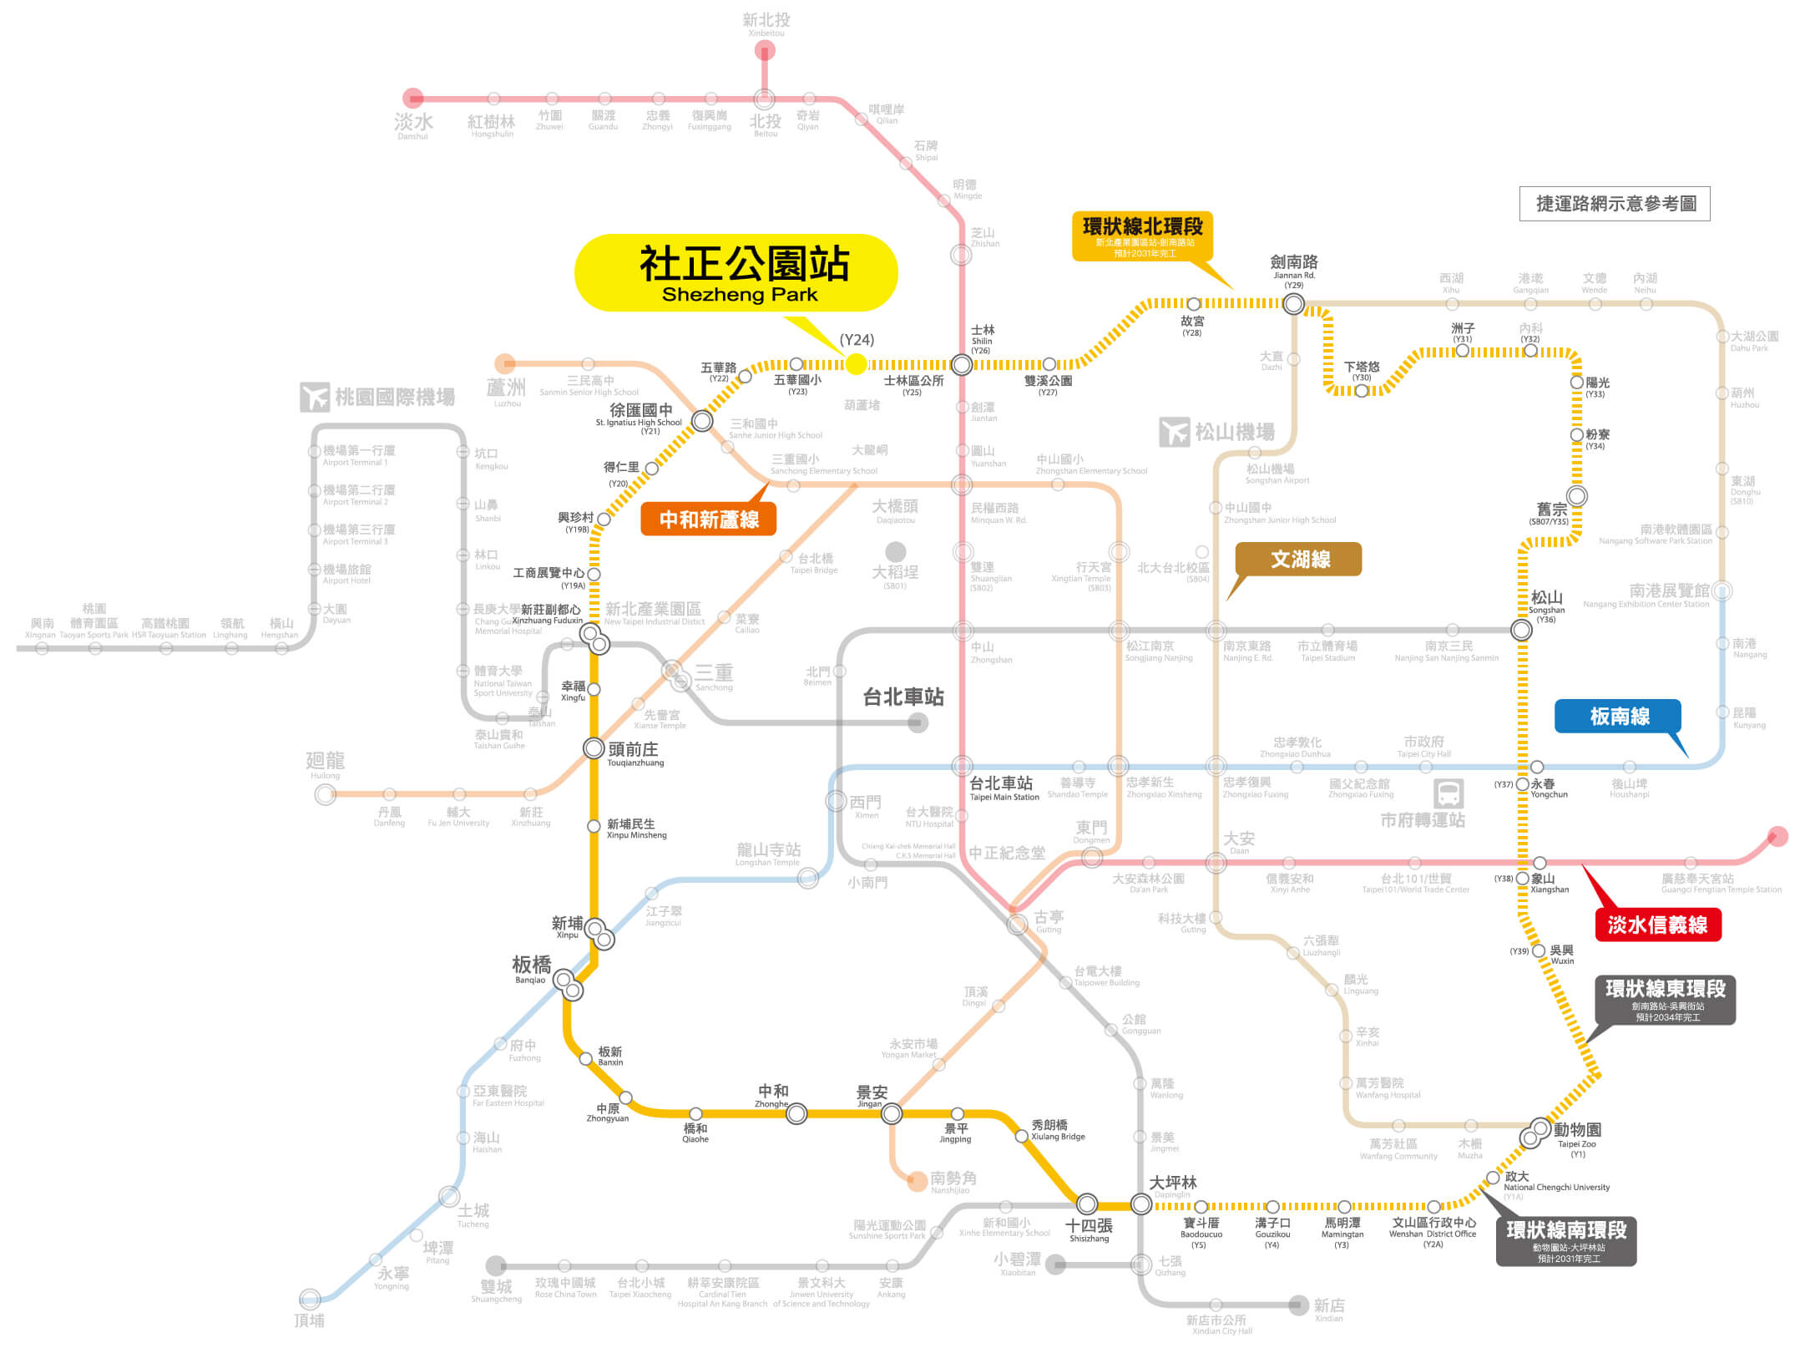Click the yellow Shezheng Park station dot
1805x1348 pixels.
pyautogui.click(x=856, y=364)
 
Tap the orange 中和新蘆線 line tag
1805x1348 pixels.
pyautogui.click(x=709, y=519)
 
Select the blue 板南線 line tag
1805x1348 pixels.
pyautogui.click(x=1619, y=716)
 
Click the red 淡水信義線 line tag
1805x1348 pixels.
pyautogui.click(x=1657, y=925)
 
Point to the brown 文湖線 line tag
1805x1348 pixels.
pyautogui.click(x=1299, y=559)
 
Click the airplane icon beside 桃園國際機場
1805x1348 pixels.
pyautogui.click(x=315, y=397)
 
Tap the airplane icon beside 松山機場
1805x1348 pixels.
pyautogui.click(x=1174, y=432)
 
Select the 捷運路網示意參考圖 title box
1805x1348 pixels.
pyautogui.click(x=1615, y=204)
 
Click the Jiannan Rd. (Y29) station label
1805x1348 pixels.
pyautogui.click(x=1293, y=269)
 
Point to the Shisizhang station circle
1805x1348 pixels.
pyautogui.click(x=1086, y=1204)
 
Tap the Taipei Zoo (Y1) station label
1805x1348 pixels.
pyautogui.click(x=1577, y=1137)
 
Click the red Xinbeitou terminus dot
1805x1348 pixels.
pyautogui.click(x=765, y=51)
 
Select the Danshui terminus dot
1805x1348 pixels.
pyautogui.click(x=413, y=99)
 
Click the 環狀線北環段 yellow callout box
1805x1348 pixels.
pyautogui.click(x=1142, y=236)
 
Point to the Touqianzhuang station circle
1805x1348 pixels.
pyautogui.click(x=594, y=747)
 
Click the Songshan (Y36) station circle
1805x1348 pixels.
pyautogui.click(x=1521, y=631)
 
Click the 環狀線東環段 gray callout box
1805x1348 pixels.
pyautogui.click(x=1665, y=999)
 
